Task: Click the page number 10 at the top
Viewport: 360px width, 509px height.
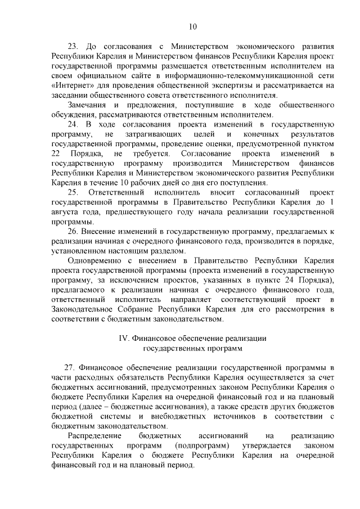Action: click(x=192, y=26)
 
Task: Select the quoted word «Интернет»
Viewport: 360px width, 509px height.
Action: click(x=70, y=85)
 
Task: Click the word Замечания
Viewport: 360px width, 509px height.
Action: click(x=87, y=105)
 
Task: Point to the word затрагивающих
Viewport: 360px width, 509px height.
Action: click(x=154, y=136)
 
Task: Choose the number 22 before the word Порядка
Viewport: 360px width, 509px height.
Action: click(x=56, y=154)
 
